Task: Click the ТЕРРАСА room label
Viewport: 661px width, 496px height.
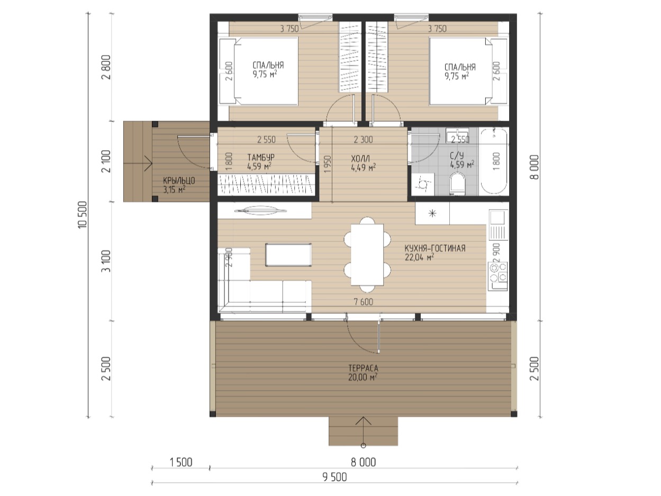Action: (363, 368)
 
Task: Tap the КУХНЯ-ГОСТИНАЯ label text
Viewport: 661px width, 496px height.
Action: (435, 248)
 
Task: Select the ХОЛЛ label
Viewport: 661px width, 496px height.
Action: (360, 158)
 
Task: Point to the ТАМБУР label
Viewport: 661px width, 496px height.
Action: (261, 157)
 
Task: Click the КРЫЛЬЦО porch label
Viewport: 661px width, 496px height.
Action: (179, 181)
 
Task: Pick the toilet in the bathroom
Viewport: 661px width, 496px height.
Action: (457, 183)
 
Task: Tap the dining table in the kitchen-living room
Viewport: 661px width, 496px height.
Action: (367, 255)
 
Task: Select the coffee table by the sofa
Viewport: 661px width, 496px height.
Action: (288, 255)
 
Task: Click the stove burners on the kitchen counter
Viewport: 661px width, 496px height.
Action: (498, 272)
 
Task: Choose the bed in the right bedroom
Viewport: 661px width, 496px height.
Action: (468, 71)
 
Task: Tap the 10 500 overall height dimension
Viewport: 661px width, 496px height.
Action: (83, 215)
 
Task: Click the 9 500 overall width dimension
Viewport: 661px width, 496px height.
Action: (334, 477)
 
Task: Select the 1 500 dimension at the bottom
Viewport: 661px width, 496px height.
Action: (180, 462)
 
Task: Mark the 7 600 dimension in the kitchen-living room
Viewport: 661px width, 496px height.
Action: (364, 302)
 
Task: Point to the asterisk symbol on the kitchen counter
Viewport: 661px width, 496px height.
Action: (432, 213)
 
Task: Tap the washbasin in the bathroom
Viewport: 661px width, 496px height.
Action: (457, 135)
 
